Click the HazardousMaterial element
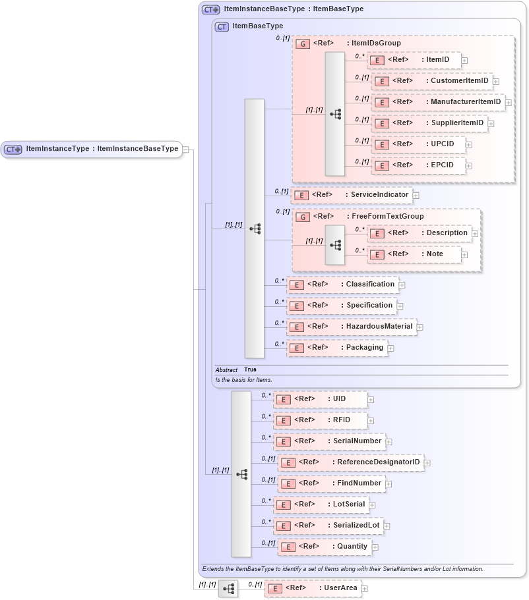point(352,327)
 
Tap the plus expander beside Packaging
point(390,348)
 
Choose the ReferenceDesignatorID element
point(350,462)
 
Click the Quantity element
point(324,547)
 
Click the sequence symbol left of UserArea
point(228,588)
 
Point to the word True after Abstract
point(250,370)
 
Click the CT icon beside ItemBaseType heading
point(222,27)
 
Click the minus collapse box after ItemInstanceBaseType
point(186,150)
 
